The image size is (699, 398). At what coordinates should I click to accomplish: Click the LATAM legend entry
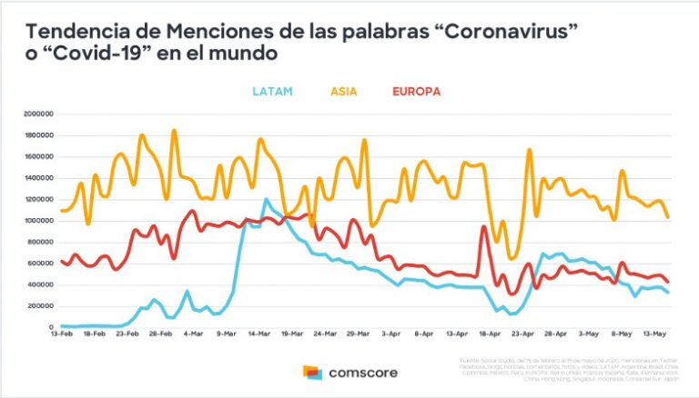click(270, 91)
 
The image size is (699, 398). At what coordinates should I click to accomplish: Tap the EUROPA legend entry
click(416, 91)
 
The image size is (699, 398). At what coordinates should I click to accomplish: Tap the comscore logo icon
click(313, 373)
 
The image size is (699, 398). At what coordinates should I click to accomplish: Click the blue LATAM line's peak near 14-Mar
click(266, 199)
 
